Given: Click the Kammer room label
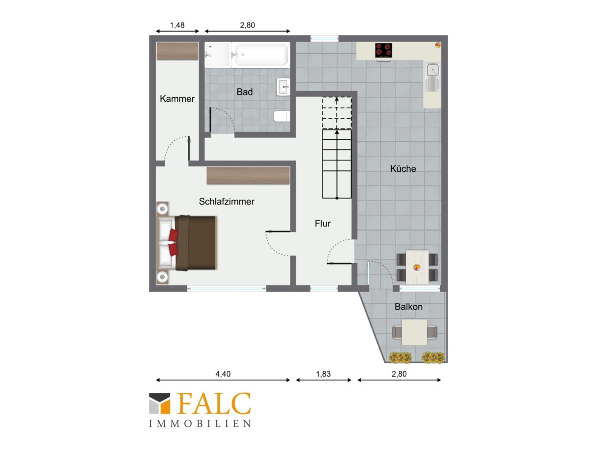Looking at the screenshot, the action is [x=177, y=99].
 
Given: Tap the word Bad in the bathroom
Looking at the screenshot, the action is [x=244, y=92].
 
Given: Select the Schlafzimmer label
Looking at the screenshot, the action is [x=226, y=201].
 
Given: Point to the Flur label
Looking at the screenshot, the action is [x=323, y=223].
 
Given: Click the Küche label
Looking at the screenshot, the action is [x=403, y=169].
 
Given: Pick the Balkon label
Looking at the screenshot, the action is [x=409, y=307].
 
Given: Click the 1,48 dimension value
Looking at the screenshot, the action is [x=177, y=25].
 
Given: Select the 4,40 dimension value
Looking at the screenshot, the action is [x=223, y=374].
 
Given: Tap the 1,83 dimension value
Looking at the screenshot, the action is [x=324, y=374].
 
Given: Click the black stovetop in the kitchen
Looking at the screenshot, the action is [x=383, y=51].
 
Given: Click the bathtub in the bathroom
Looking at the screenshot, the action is [x=260, y=55].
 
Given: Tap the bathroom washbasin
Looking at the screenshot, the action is [x=283, y=87].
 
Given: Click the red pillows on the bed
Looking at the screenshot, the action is [x=174, y=243].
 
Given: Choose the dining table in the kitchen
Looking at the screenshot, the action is [x=417, y=267].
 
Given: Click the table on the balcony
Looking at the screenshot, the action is [x=414, y=332].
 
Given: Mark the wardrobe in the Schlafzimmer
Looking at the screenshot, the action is [x=248, y=175].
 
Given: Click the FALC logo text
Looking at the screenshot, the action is [x=214, y=403].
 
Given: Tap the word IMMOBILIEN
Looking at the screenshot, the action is [x=200, y=423].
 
